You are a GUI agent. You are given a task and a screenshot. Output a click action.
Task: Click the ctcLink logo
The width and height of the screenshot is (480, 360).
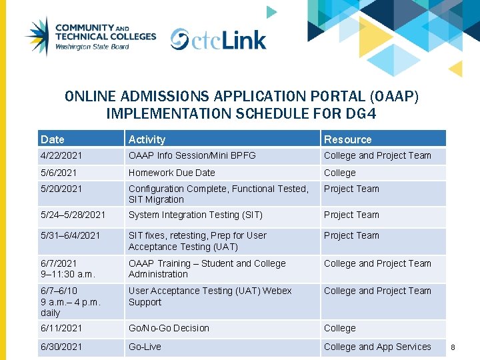219,39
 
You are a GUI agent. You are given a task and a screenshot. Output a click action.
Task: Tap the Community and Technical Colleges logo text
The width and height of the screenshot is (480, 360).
105,36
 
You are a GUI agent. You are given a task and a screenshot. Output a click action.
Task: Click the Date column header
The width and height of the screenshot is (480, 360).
53,139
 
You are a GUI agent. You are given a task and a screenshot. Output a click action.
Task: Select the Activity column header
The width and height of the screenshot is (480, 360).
147,139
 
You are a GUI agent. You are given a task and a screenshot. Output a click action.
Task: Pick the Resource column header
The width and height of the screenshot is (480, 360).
347,139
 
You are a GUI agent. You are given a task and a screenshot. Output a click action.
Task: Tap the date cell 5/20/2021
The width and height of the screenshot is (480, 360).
59,189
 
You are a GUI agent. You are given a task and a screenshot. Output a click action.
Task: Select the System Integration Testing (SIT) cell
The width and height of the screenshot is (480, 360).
195,215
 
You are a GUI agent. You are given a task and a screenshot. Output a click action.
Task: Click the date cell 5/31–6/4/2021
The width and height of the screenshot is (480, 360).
70,235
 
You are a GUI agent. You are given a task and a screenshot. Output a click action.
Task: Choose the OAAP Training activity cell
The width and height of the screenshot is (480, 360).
207,269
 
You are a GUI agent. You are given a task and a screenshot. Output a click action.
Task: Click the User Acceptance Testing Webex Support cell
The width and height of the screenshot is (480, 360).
210,296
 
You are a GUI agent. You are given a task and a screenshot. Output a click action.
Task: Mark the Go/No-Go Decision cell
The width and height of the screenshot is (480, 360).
169,328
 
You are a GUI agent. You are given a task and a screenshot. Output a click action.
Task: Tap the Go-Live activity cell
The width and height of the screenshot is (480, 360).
145,347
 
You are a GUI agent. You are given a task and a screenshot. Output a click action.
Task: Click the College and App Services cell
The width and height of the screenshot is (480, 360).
377,347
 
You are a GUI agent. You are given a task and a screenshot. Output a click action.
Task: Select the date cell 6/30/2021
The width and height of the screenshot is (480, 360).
61,347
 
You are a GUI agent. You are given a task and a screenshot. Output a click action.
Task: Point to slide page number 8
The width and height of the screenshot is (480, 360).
453,347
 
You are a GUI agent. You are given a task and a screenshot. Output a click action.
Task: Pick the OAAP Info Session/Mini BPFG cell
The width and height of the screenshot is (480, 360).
192,155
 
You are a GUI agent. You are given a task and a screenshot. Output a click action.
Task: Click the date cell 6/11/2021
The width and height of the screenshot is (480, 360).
61,328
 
